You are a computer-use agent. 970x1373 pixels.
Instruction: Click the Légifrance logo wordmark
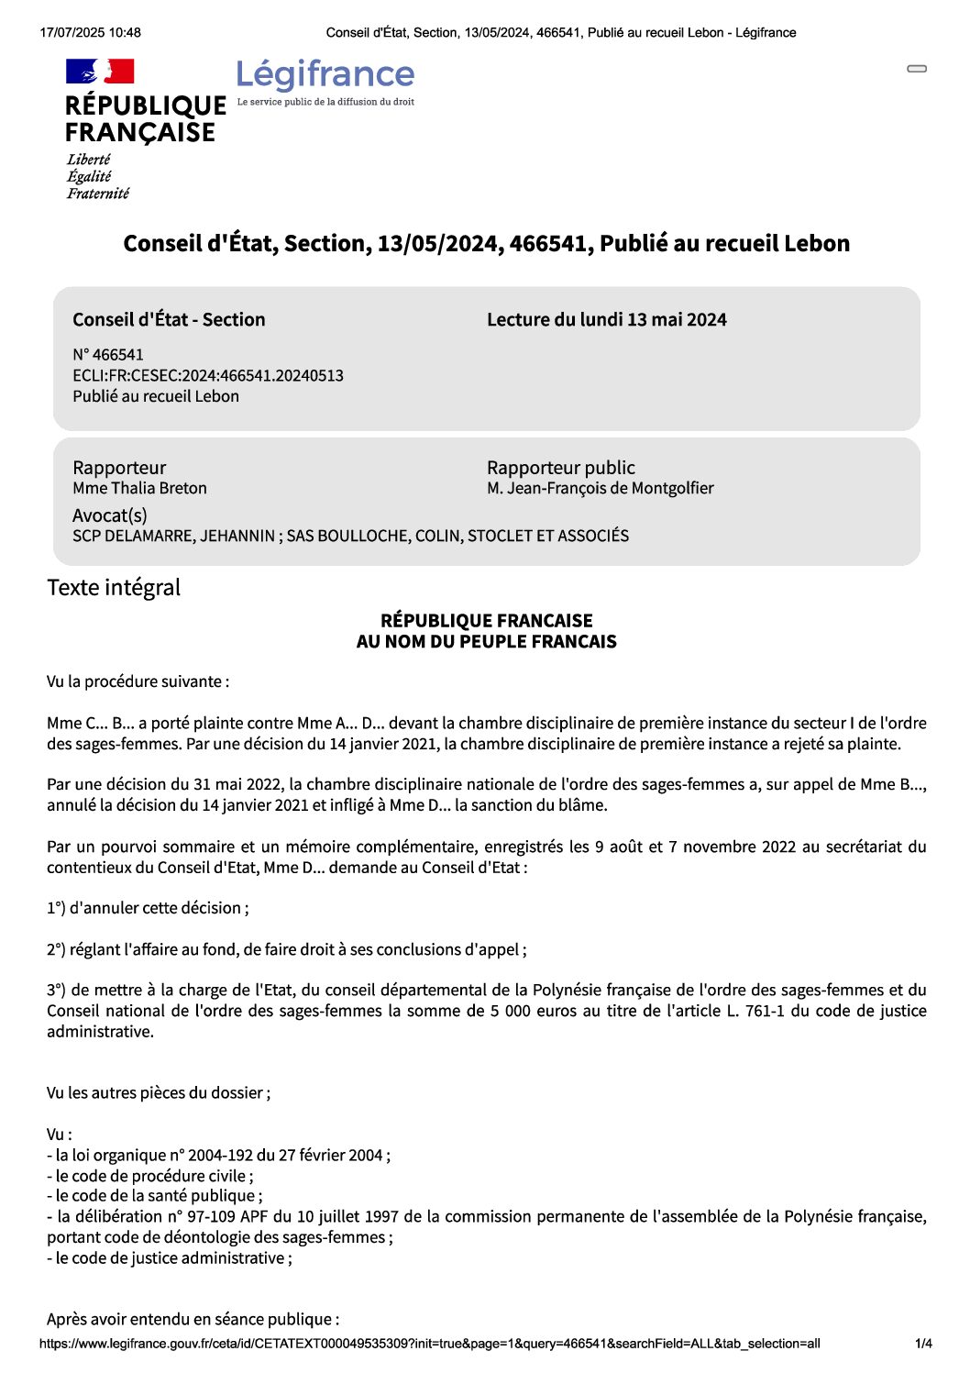click(325, 74)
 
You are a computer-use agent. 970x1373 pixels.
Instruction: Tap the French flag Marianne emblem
click(100, 72)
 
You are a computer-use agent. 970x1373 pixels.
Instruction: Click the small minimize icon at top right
click(917, 69)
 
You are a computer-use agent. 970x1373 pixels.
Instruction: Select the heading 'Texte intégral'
click(114, 588)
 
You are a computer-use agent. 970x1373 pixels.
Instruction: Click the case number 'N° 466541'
click(108, 355)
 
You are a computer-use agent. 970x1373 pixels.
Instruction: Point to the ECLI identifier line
click(208, 375)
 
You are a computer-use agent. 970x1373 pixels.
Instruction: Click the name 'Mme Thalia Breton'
click(139, 489)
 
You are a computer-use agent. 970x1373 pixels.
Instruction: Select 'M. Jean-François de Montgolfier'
click(600, 489)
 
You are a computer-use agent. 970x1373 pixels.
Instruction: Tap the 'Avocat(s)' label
click(110, 515)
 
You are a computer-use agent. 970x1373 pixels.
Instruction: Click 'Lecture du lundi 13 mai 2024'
click(606, 320)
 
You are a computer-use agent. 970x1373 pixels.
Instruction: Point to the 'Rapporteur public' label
click(560, 468)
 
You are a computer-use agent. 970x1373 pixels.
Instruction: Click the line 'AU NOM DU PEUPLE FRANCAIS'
click(486, 642)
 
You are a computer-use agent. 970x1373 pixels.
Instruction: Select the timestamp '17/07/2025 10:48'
click(91, 33)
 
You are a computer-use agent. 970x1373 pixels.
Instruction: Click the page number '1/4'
click(923, 1344)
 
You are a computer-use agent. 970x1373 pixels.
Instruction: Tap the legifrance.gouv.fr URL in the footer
click(429, 1344)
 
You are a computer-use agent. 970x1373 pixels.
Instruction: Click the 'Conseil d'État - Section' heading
click(169, 320)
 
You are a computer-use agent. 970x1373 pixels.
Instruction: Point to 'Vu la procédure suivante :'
click(138, 681)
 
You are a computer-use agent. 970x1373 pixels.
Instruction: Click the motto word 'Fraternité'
click(97, 194)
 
